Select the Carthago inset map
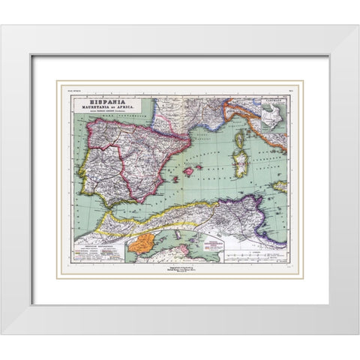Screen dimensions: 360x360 click(x=275, y=112)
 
